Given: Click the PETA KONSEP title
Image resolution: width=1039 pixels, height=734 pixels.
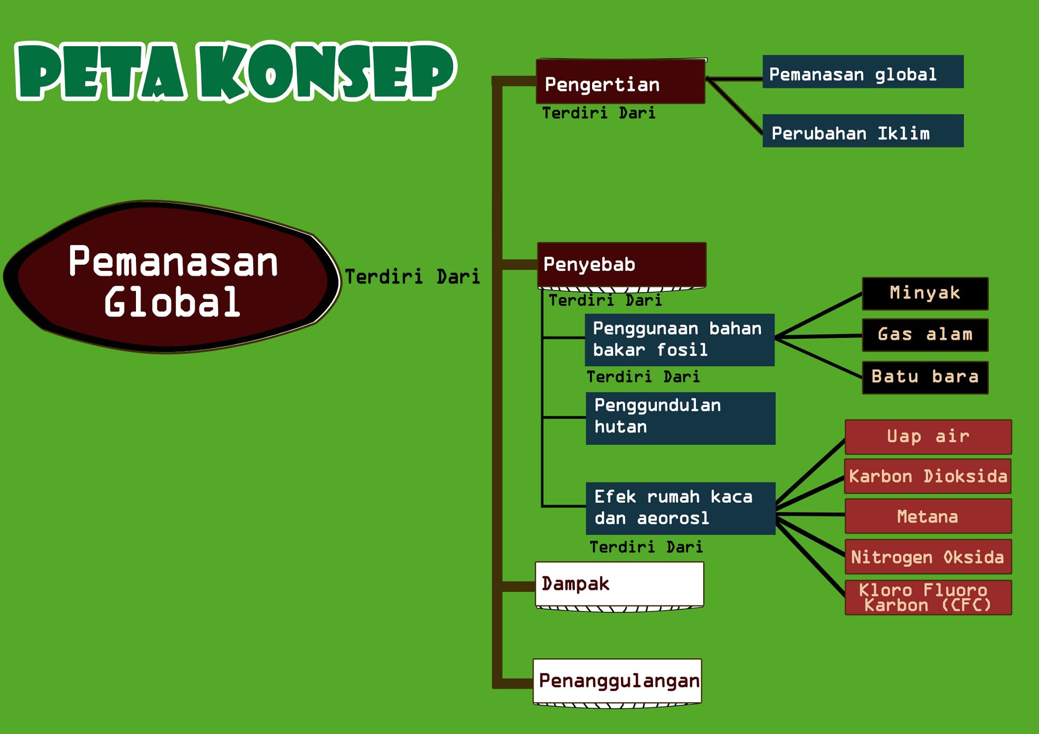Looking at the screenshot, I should click(236, 71).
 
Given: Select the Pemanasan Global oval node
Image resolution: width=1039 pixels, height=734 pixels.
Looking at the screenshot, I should click(172, 279).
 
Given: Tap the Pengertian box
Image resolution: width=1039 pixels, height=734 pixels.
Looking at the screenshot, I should click(620, 82).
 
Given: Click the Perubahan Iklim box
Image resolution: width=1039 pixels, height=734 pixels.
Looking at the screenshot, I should click(862, 131).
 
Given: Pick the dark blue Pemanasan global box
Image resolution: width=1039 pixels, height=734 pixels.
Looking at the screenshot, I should click(862, 72).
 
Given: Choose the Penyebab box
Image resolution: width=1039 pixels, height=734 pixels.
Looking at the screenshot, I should click(621, 264).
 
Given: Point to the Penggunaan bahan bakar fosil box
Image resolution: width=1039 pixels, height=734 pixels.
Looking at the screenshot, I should click(679, 339).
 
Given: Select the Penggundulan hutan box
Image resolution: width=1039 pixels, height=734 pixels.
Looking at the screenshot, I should click(680, 418).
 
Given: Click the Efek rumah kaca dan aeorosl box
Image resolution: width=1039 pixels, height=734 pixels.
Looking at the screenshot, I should click(680, 508).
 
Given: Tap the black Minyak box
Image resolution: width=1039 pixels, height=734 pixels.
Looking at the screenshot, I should click(925, 294).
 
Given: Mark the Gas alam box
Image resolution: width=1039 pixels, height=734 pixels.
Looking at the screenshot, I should click(925, 335).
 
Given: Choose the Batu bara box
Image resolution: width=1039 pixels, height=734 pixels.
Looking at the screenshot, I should click(925, 377).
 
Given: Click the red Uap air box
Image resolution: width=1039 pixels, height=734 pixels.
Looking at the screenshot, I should click(928, 437).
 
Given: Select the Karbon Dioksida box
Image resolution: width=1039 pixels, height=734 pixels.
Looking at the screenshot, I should click(927, 476).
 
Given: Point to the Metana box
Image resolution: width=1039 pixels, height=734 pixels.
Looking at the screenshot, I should click(928, 516).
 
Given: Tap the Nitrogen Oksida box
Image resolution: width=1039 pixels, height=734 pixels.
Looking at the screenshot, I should click(928, 557).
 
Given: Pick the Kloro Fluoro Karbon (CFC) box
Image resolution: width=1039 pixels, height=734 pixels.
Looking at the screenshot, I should click(928, 598).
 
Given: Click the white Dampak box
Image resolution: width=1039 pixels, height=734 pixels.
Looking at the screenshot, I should click(619, 584).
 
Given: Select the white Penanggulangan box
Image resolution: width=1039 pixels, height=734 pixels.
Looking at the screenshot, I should click(617, 681).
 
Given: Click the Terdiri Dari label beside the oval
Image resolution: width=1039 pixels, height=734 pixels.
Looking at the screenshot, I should click(412, 277).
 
